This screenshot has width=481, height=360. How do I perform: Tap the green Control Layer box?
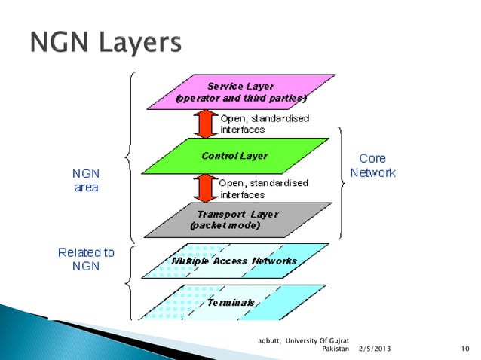(x=234, y=156)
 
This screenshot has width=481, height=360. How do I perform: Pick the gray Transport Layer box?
(x=235, y=219)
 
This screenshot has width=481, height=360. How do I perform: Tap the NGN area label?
(x=86, y=180)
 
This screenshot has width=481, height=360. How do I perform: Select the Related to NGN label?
(x=86, y=259)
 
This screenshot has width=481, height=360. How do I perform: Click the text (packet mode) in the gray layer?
(x=226, y=225)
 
